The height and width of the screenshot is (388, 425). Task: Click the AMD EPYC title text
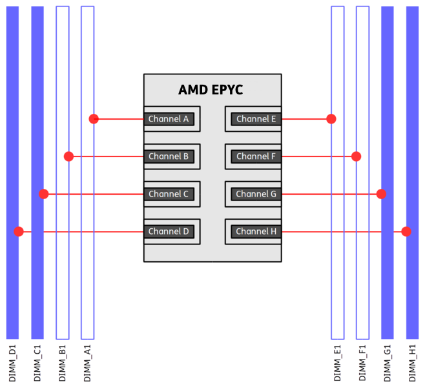[x=211, y=90]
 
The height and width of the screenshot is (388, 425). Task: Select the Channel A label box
[x=169, y=119]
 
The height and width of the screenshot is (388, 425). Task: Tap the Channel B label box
[x=169, y=156]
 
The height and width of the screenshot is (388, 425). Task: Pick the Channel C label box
[x=169, y=194]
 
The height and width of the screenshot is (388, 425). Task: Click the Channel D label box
[x=169, y=232]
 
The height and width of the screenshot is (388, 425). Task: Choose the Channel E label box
[x=256, y=119]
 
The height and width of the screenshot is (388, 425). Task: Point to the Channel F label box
[x=256, y=156]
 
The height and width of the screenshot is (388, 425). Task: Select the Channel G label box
[x=256, y=194]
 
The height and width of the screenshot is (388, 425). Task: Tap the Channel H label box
[x=256, y=232]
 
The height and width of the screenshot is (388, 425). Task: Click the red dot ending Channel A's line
[x=94, y=119]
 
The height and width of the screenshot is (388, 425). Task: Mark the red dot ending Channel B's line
[x=69, y=156]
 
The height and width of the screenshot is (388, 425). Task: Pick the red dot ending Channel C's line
[x=44, y=194]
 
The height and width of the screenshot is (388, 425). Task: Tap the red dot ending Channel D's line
[x=19, y=232]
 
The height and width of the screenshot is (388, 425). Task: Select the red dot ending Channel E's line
[x=331, y=119]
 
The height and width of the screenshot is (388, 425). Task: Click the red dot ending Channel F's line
[x=356, y=156]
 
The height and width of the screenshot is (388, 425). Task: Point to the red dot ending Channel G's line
[x=381, y=194]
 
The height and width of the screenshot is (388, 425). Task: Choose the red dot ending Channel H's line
[x=406, y=232]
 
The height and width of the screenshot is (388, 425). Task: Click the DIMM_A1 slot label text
[x=88, y=363]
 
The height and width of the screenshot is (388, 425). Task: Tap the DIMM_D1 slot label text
[x=12, y=363]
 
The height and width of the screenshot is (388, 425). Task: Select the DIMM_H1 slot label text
[x=412, y=363]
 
